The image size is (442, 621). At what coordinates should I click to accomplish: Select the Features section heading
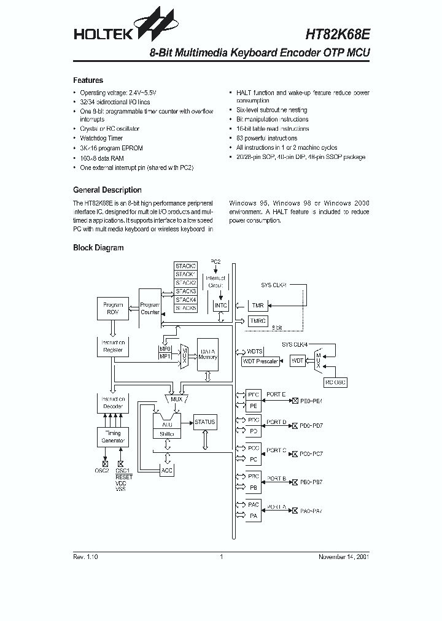click(x=88, y=80)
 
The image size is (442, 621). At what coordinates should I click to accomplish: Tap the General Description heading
click(x=107, y=190)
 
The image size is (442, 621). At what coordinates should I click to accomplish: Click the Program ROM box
click(x=113, y=309)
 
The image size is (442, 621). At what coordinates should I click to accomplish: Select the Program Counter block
click(x=150, y=308)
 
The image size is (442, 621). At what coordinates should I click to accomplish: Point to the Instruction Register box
click(x=113, y=347)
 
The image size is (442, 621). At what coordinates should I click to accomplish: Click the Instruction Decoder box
click(x=113, y=403)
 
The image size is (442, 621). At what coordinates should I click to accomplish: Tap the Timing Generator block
click(x=113, y=437)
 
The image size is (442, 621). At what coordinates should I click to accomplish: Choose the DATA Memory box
click(x=207, y=353)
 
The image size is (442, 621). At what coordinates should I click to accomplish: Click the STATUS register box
click(x=204, y=422)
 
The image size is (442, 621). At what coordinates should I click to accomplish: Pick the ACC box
click(x=166, y=471)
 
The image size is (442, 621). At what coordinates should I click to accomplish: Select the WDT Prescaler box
click(x=260, y=361)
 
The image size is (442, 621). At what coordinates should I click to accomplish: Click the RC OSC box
click(x=335, y=382)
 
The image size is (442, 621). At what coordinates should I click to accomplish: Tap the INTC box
click(x=220, y=306)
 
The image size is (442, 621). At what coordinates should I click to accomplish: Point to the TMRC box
click(x=258, y=321)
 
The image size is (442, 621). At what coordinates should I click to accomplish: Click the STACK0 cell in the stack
click(x=185, y=266)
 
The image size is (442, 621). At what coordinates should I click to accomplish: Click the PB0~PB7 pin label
click(x=311, y=483)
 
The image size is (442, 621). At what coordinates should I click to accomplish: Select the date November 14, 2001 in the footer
click(x=343, y=557)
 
